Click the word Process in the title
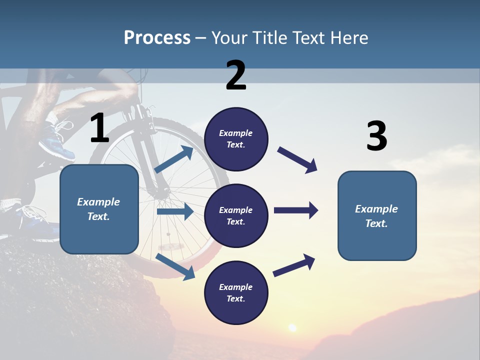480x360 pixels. (157, 38)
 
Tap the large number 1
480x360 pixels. (99, 128)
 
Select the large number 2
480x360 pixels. (236, 75)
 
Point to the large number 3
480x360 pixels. (376, 136)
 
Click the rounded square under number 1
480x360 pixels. (99, 209)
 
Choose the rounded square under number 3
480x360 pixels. (377, 215)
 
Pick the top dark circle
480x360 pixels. (236, 139)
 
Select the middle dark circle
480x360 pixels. (236, 215)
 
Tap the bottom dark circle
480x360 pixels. (236, 292)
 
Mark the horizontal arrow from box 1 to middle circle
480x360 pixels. (175, 211)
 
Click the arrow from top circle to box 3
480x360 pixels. (297, 159)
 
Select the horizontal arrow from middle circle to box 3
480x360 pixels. (296, 210)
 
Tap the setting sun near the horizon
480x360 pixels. (292, 328)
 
